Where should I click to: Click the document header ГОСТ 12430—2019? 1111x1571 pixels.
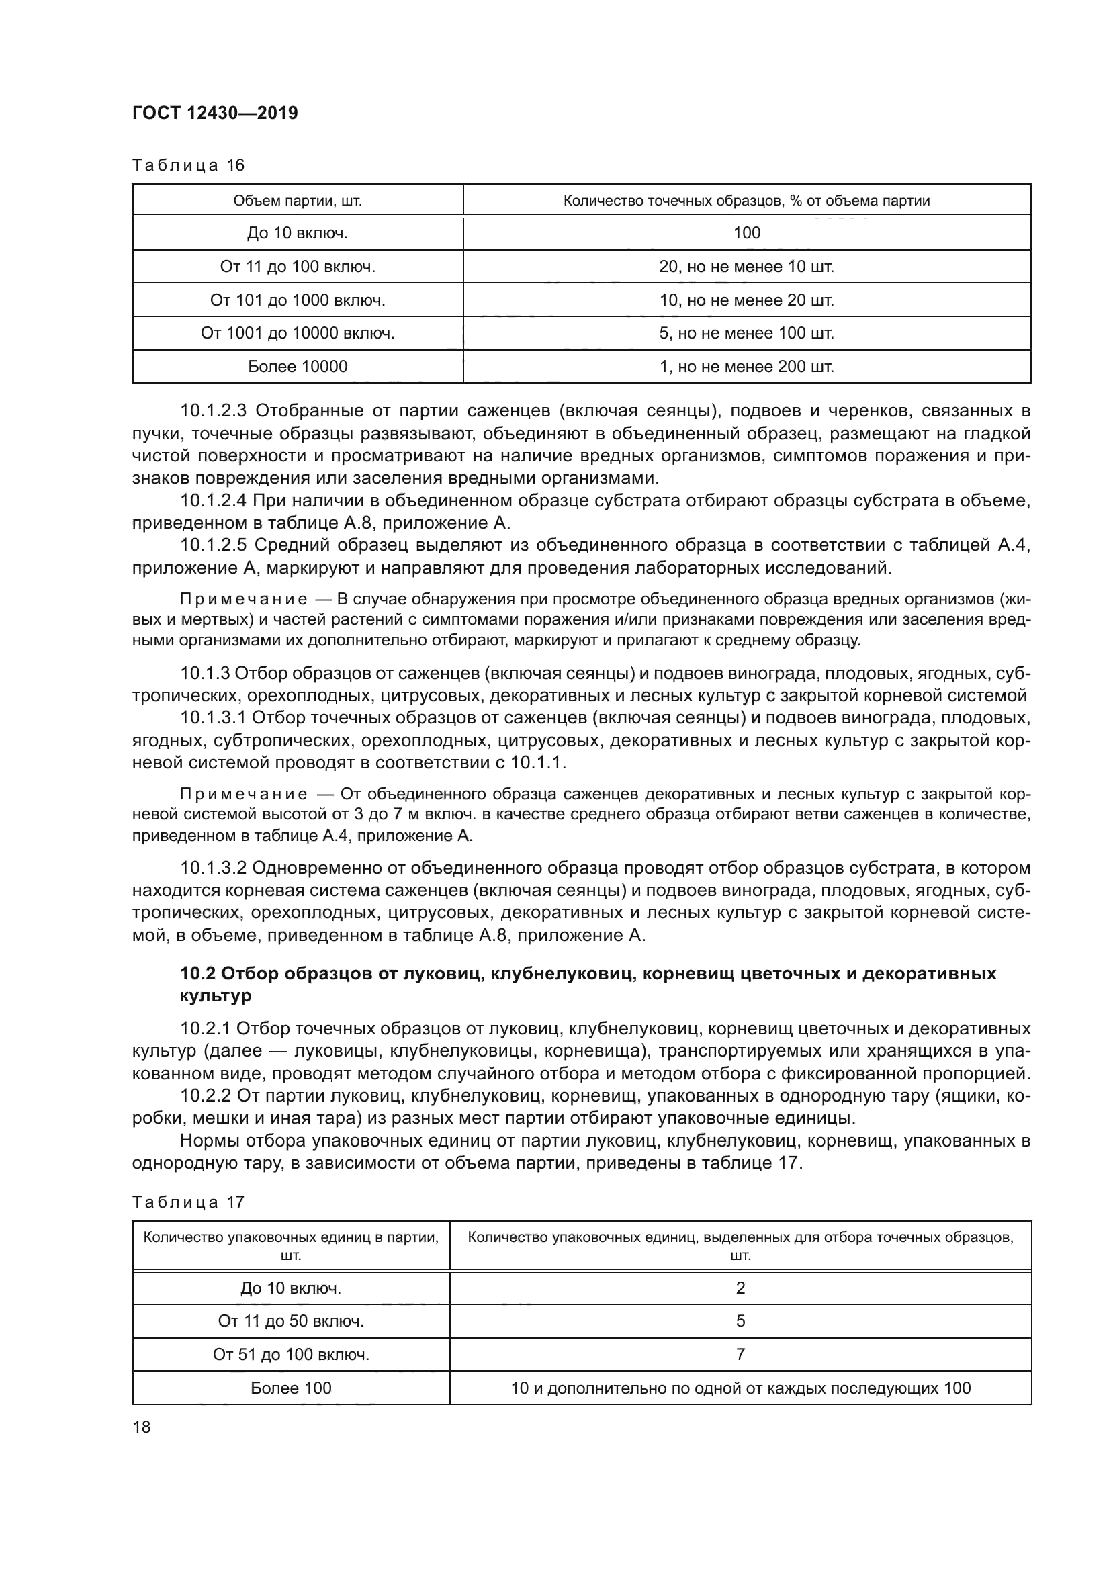[215, 113]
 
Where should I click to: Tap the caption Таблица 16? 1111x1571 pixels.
[188, 165]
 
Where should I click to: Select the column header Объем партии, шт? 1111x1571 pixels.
[298, 200]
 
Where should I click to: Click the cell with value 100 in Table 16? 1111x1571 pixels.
[746, 232]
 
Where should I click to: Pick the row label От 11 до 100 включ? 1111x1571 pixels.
[298, 266]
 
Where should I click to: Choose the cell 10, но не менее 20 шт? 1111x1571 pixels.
[746, 300]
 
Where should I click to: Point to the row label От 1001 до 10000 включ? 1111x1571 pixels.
[298, 333]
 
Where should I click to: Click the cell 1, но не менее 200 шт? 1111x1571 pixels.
[746, 367]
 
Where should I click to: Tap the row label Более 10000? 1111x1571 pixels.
[298, 367]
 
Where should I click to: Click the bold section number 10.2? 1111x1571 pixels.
[197, 973]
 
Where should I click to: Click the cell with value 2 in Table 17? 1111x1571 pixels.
[740, 1288]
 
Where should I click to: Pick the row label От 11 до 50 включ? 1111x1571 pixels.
[291, 1321]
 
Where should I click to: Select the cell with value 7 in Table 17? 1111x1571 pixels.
[740, 1355]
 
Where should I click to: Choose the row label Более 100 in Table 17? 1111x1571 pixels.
[291, 1388]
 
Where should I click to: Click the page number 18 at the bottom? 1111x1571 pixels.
[142, 1427]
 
